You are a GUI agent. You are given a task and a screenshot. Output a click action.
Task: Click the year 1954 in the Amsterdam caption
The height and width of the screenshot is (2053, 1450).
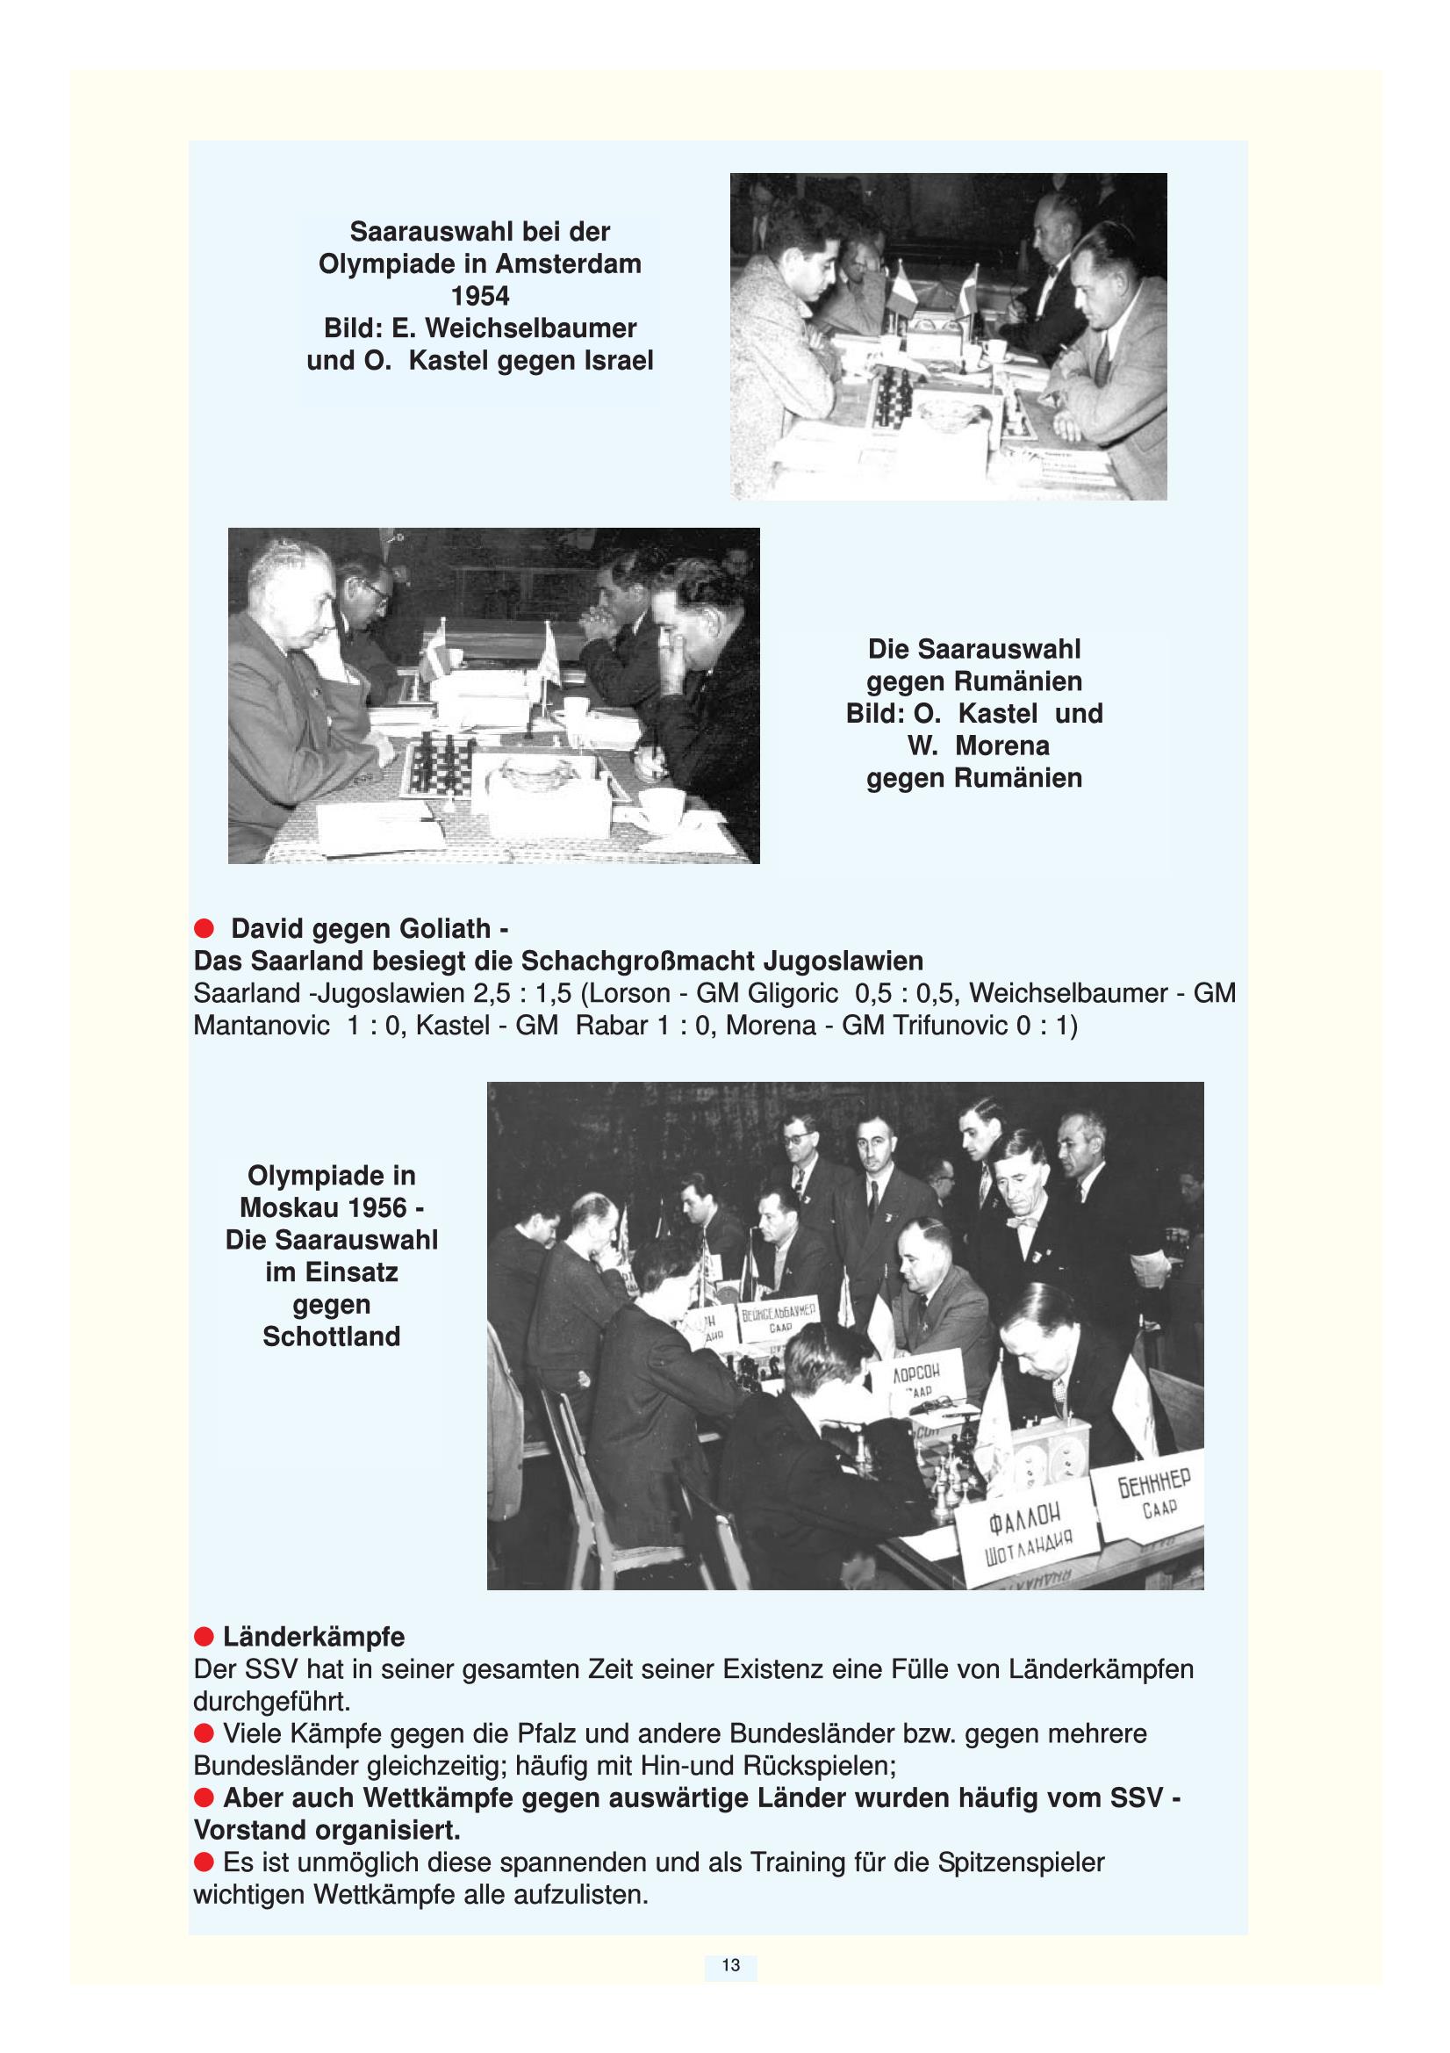coord(480,296)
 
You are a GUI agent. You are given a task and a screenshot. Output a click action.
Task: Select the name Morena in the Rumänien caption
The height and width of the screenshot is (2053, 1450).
coord(1002,746)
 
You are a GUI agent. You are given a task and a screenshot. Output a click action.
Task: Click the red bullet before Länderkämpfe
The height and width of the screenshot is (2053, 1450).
coord(204,1637)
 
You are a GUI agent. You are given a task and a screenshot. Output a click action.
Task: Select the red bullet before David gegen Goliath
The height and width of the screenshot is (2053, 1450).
coord(204,929)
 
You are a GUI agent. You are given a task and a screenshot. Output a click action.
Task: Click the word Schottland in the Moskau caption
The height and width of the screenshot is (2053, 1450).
coord(332,1336)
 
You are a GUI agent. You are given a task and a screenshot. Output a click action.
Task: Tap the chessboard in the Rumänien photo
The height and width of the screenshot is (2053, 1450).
coord(440,767)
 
